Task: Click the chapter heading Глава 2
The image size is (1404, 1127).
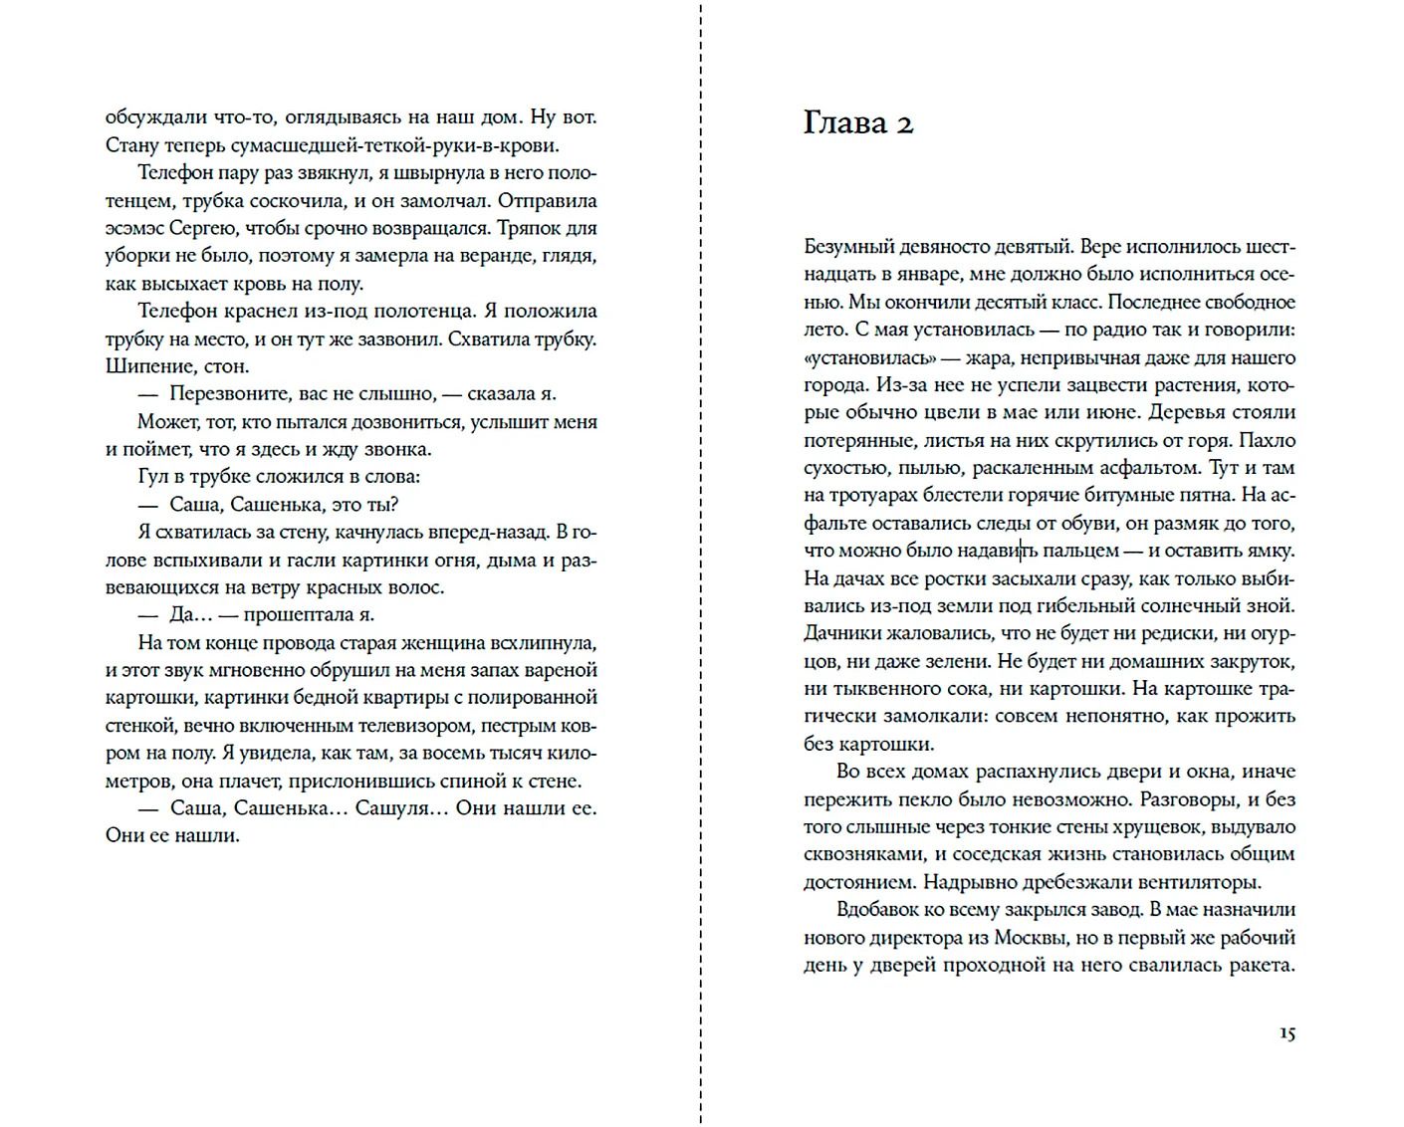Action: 857,122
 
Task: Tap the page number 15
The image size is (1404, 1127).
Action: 1287,1033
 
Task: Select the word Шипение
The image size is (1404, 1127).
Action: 141,365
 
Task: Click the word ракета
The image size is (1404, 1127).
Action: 1260,965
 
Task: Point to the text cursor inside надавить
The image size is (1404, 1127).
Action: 1022,550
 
